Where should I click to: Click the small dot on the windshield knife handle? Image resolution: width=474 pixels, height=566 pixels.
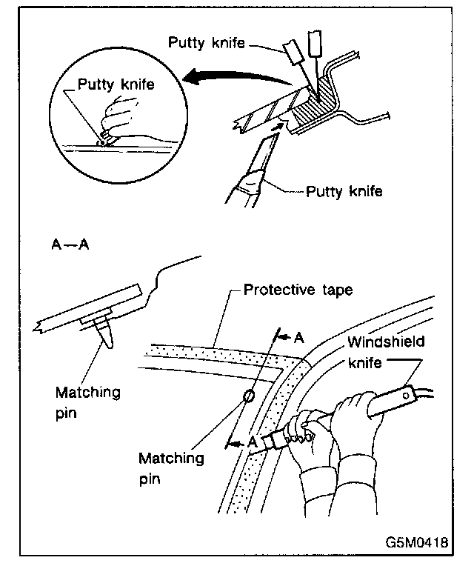405,396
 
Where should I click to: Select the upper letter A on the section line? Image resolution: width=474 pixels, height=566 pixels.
298,338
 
